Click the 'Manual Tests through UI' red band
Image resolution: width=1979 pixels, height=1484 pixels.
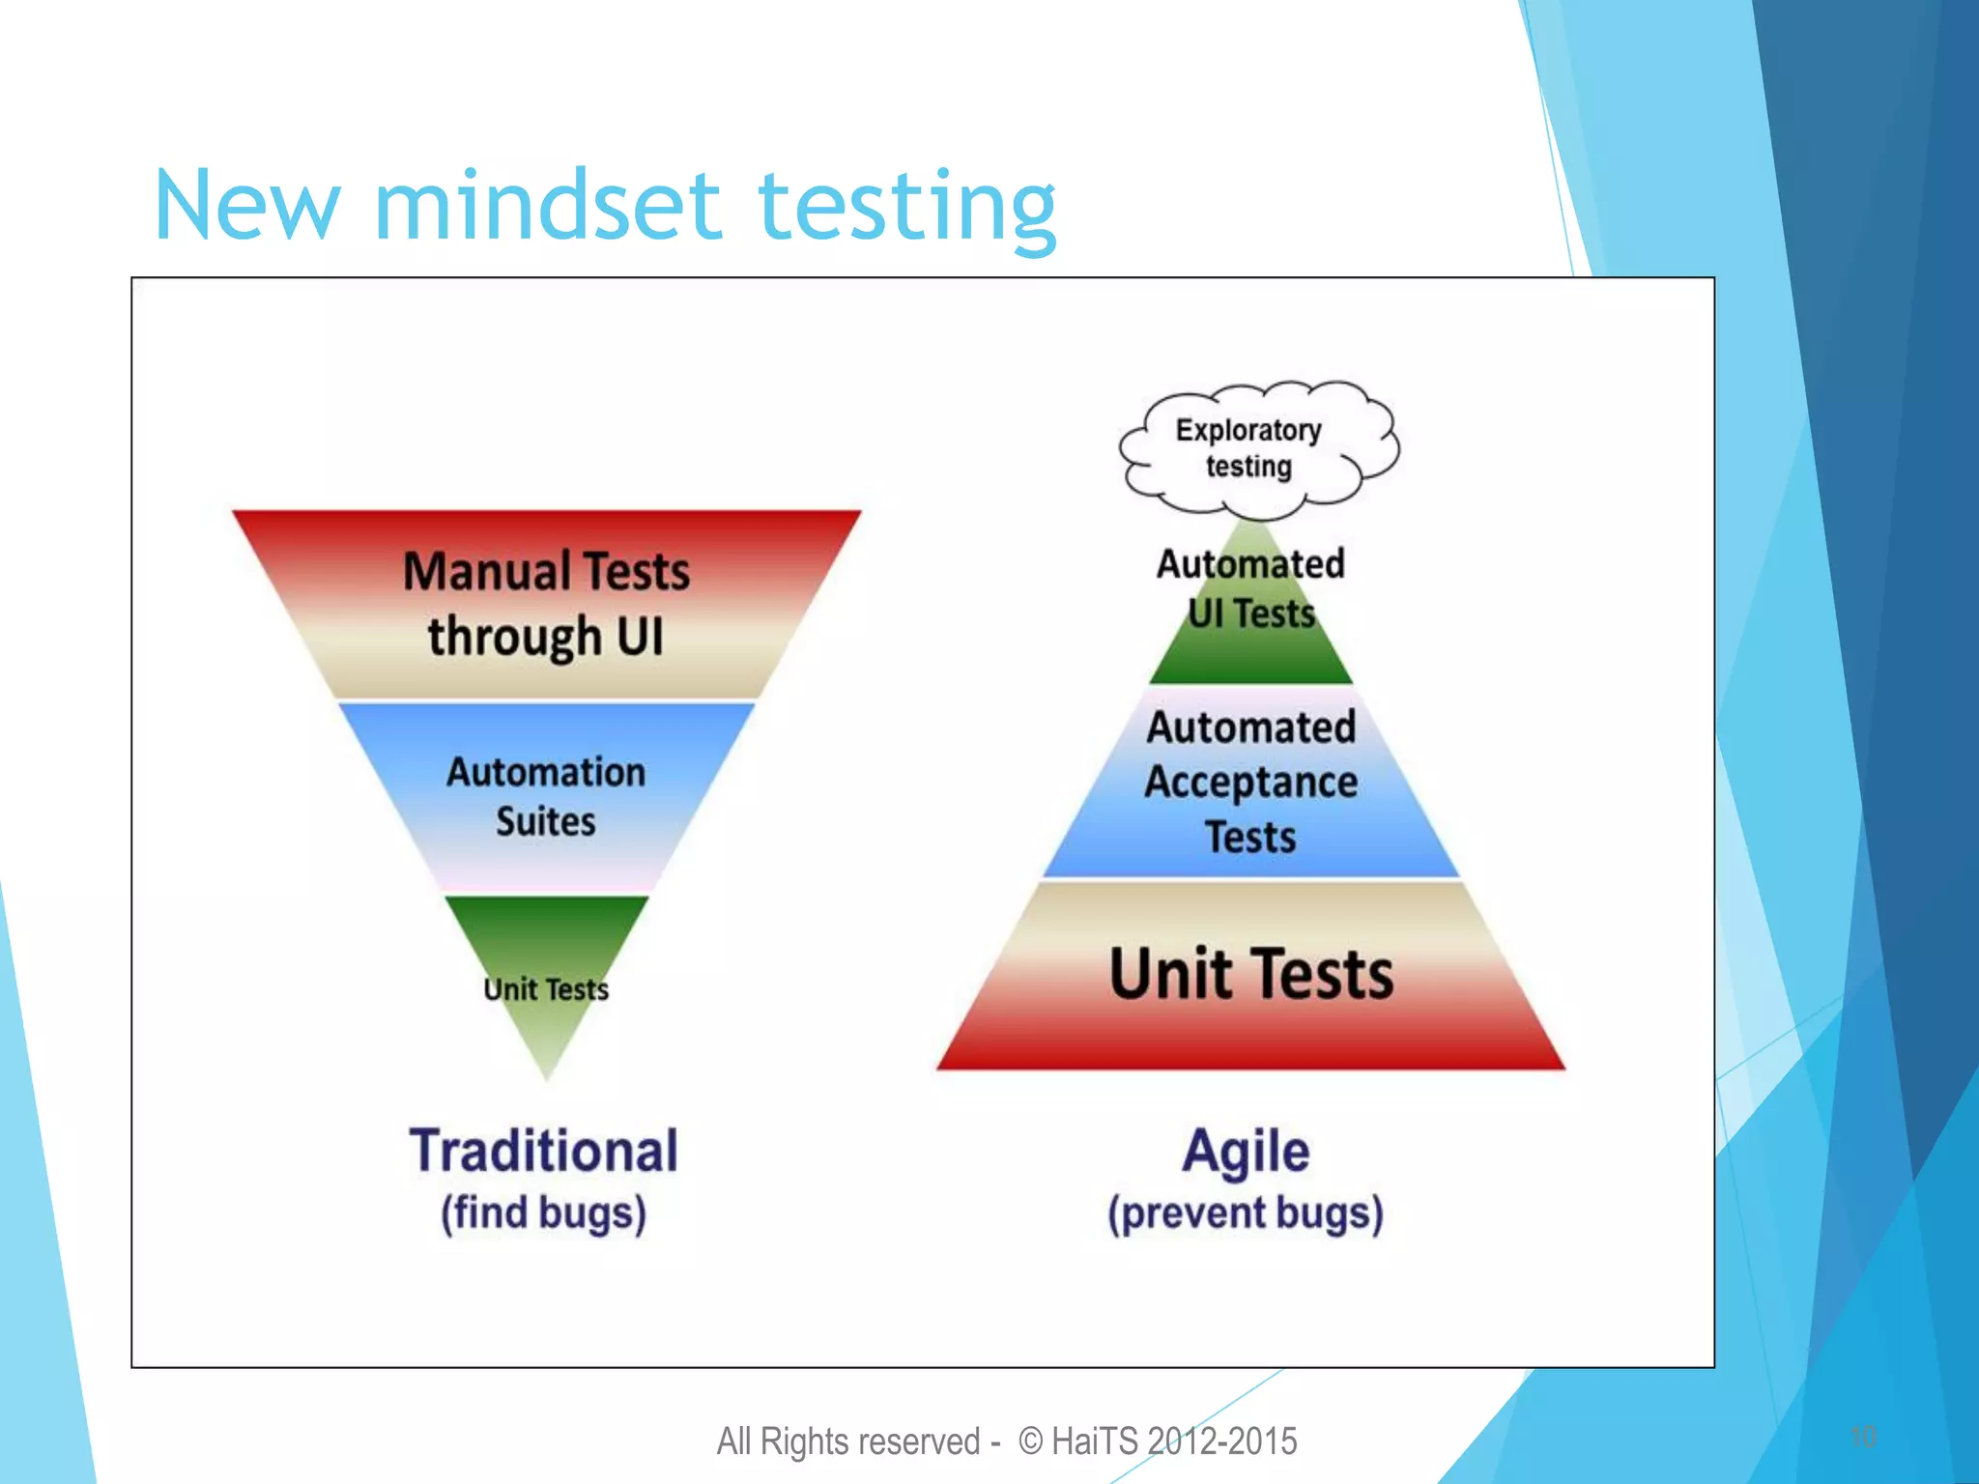pyautogui.click(x=546, y=603)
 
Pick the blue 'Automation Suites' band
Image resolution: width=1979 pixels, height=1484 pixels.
pyautogui.click(x=546, y=796)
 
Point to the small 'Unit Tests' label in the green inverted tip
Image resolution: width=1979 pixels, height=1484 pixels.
pyautogui.click(x=546, y=989)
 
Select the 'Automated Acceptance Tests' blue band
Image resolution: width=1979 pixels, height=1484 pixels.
pyautogui.click(x=1251, y=783)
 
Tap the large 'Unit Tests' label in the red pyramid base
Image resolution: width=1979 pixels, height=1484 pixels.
pyautogui.click(x=1251, y=974)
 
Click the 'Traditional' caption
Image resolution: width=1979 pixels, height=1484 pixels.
pyautogui.click(x=544, y=1152)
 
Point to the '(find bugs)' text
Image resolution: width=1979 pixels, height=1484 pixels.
pyautogui.click(x=544, y=1213)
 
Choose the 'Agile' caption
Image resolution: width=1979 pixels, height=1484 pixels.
pyautogui.click(x=1247, y=1152)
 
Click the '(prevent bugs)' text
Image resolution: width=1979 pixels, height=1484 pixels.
pyautogui.click(x=1247, y=1213)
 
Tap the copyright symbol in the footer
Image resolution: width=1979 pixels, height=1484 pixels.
pyautogui.click(x=1031, y=1441)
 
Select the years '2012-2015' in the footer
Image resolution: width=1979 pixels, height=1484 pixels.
pyautogui.click(x=1222, y=1441)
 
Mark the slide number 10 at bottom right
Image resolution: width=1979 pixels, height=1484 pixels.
pyautogui.click(x=1863, y=1437)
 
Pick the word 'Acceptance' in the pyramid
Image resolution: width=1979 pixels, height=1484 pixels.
pyautogui.click(x=1251, y=783)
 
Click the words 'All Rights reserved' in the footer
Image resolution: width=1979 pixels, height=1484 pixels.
pyautogui.click(x=848, y=1441)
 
